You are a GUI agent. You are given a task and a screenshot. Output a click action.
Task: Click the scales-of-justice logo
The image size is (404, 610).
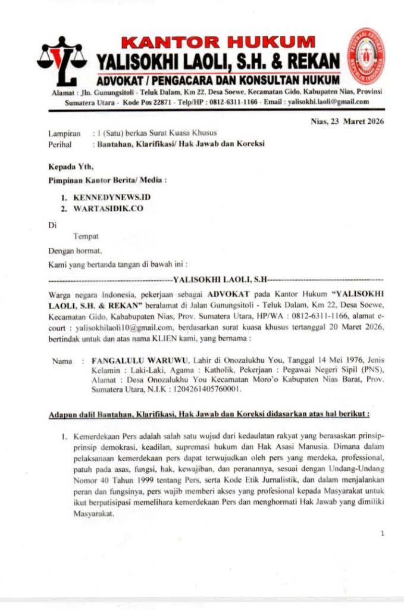pos(62,61)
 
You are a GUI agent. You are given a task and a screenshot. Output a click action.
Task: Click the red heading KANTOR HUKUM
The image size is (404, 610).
pos(218,42)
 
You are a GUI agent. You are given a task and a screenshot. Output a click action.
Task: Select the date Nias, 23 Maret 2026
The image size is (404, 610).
pos(347,122)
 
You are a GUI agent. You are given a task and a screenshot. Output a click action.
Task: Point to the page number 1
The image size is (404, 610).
pos(382,533)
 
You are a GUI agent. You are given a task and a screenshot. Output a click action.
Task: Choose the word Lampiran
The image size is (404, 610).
pos(64,133)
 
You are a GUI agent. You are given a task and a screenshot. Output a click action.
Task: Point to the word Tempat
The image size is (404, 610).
pos(86,236)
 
